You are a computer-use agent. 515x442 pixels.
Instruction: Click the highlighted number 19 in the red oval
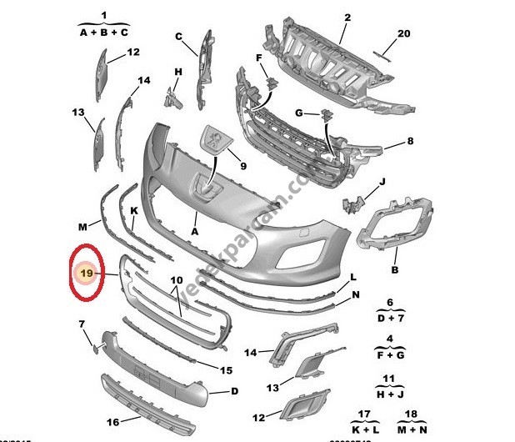point(84,272)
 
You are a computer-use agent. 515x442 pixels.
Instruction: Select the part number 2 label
point(324,17)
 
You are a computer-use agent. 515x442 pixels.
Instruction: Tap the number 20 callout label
point(404,34)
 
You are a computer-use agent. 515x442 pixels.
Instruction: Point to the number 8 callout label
point(410,142)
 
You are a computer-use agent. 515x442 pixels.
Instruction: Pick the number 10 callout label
point(176,280)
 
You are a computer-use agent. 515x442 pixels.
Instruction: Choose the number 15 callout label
point(226,369)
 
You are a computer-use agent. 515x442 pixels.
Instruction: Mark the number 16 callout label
point(112,423)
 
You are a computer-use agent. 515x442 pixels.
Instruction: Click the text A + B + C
point(104,33)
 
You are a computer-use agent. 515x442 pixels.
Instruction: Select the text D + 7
point(389,318)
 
